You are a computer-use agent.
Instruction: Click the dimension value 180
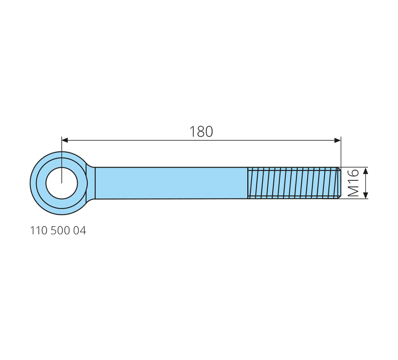(201, 132)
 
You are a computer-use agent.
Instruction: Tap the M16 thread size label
(353, 183)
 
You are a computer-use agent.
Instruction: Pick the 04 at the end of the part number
(80, 231)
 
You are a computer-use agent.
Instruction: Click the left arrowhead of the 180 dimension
(65, 140)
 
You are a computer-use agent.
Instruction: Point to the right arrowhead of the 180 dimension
(338, 140)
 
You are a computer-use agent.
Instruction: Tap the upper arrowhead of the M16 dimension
(365, 171)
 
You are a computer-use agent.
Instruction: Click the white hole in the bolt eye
(62, 183)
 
